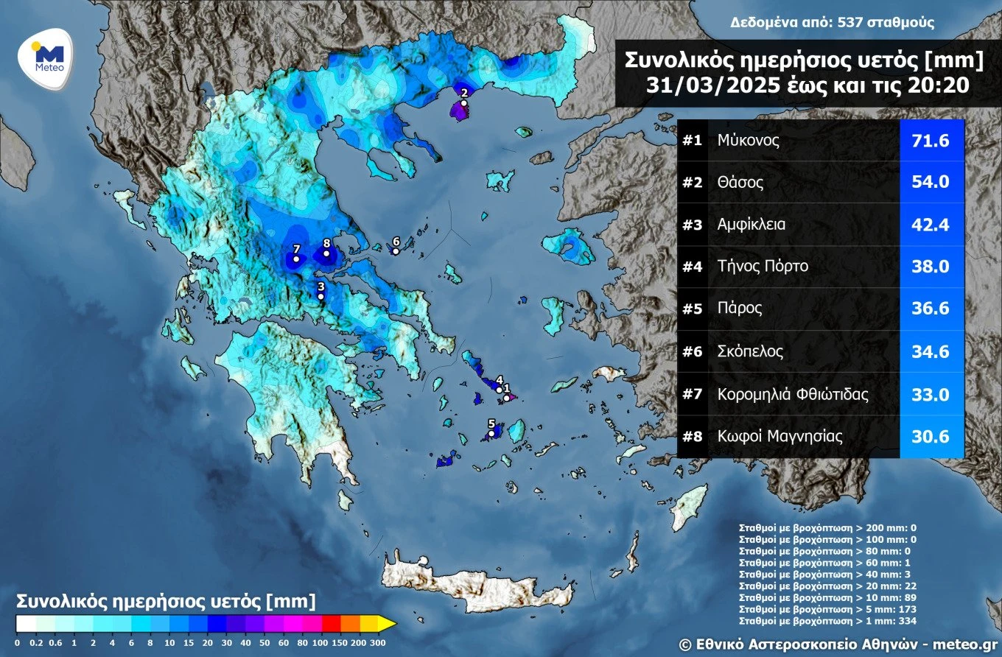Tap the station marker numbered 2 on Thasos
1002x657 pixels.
pos(463,104)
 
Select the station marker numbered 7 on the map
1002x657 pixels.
pos(296,259)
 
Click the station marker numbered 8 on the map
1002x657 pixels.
pos(326,253)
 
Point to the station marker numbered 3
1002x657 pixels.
pos(320,296)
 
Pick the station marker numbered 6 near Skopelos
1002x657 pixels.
pos(396,251)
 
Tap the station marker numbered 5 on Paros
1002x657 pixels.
pos(491,434)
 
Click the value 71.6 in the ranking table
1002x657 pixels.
pos(931,140)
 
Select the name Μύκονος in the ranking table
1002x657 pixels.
pos(749,140)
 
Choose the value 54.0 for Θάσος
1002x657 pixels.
pos(931,183)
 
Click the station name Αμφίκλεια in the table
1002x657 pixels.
pos(751,225)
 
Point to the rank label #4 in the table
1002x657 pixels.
pos(692,267)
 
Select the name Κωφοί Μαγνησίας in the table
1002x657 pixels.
pos(779,437)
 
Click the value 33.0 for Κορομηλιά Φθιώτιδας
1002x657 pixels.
pos(931,394)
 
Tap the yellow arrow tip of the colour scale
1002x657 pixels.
pos(388,624)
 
